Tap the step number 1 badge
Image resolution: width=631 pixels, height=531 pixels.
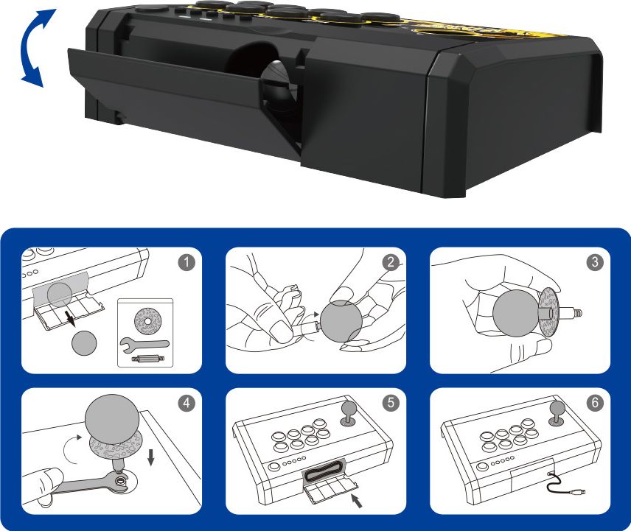coord(186,262)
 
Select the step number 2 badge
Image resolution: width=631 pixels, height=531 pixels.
coord(391,262)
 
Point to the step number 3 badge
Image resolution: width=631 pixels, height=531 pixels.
coord(595,262)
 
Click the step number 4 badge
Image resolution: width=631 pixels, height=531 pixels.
coord(186,403)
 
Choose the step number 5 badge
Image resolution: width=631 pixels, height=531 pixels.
coord(391,403)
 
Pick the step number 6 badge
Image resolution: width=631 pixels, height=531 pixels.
coord(595,403)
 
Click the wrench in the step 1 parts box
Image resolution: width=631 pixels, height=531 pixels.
coord(144,343)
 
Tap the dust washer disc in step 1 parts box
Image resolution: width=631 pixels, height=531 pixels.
coord(147,322)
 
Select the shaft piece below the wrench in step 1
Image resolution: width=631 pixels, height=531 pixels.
coord(146,359)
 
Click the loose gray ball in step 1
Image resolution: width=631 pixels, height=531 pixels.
coord(84,343)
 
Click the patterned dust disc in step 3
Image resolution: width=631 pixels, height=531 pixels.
coord(548,311)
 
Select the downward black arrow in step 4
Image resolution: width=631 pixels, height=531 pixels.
coord(151,457)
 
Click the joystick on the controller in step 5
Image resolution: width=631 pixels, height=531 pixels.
coord(347,414)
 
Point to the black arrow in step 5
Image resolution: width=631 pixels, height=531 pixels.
coord(357,501)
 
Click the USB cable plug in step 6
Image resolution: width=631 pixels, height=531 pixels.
coord(579,492)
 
